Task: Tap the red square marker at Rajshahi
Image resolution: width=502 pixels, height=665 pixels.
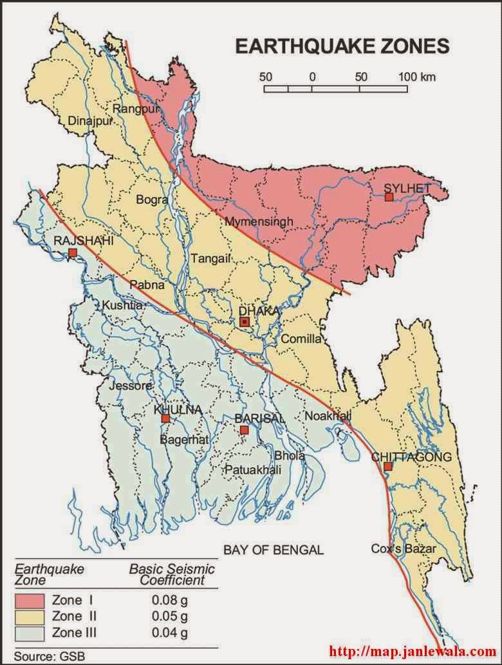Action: [73, 252]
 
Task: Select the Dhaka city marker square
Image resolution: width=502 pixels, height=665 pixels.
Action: [245, 321]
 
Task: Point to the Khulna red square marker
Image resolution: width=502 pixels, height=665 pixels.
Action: [165, 418]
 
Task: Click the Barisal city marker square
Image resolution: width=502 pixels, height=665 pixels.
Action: [243, 429]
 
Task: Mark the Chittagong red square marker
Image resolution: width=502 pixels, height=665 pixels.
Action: [387, 467]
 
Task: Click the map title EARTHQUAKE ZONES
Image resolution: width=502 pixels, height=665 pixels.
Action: [341, 46]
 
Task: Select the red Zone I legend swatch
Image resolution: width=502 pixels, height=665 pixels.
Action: [29, 600]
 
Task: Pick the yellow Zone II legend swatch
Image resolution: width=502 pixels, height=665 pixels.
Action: [29, 616]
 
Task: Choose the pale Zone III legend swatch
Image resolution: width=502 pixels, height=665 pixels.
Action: [29, 632]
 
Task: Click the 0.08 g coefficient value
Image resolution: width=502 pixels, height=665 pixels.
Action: [170, 600]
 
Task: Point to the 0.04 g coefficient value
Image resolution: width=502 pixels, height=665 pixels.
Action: [170, 632]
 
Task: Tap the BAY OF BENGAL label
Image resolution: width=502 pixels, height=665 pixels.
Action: [274, 550]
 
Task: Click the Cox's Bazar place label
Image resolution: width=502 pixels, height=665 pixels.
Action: [404, 548]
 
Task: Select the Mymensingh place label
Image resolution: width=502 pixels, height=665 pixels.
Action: [259, 221]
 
